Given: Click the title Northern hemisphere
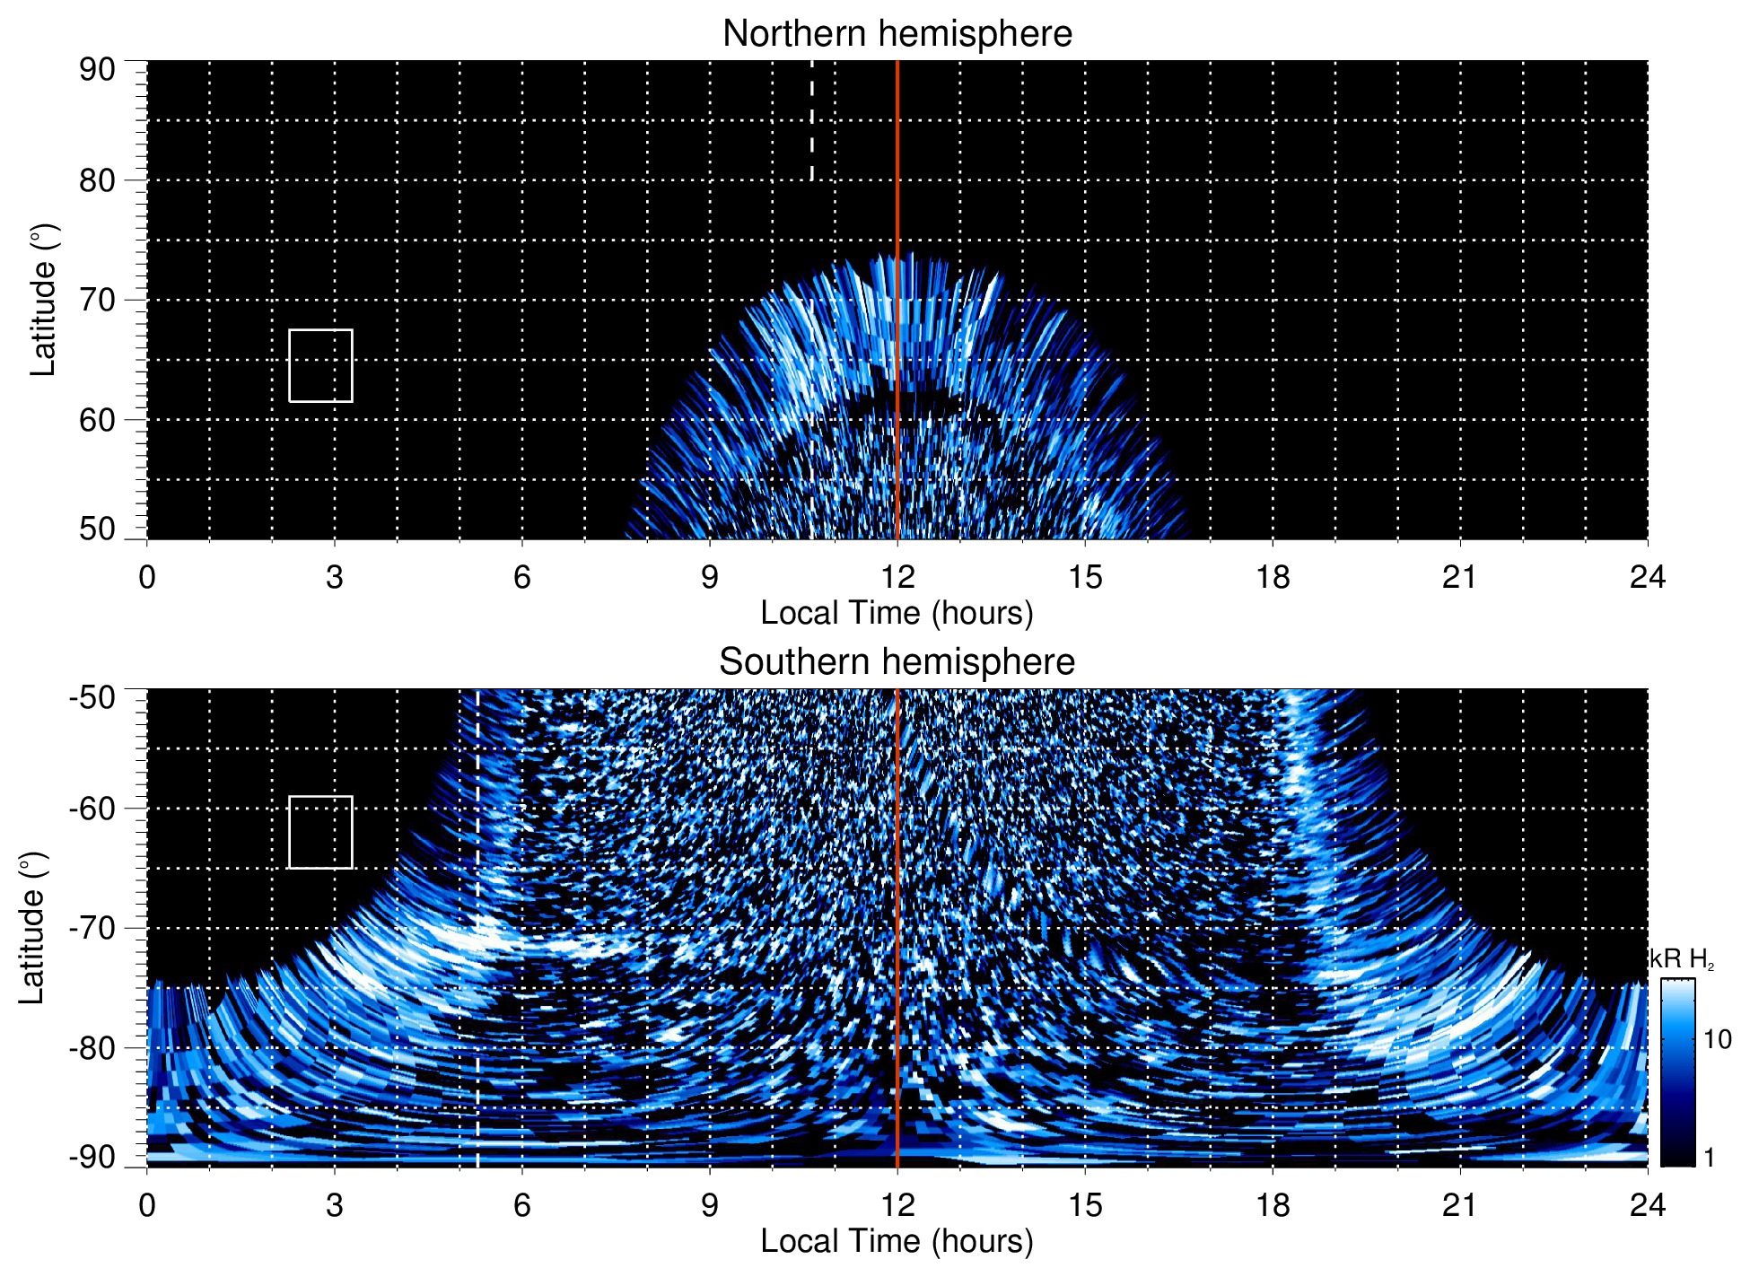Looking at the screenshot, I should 897,34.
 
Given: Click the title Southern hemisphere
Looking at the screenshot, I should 897,662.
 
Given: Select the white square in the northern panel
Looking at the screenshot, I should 320,365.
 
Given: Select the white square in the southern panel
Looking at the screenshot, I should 320,832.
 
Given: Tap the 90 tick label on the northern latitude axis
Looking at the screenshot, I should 97,69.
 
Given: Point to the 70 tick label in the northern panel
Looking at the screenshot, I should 97,300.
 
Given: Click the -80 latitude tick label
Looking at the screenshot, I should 92,1047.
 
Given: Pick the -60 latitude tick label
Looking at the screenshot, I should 92,809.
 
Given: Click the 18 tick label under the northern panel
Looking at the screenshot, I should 1272,577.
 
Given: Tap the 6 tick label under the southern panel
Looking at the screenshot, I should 522,1205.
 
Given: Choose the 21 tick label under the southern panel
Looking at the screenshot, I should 1459,1205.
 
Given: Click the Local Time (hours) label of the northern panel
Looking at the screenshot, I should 897,613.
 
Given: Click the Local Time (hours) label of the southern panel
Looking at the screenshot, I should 897,1241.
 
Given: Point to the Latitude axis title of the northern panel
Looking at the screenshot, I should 42,300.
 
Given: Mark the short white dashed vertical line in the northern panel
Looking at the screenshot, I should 811,121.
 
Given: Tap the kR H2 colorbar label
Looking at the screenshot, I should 1682,959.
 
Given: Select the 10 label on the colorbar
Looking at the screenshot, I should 1717,1040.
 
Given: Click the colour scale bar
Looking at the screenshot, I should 1676,1072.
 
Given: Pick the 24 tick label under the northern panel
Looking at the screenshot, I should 1647,577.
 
